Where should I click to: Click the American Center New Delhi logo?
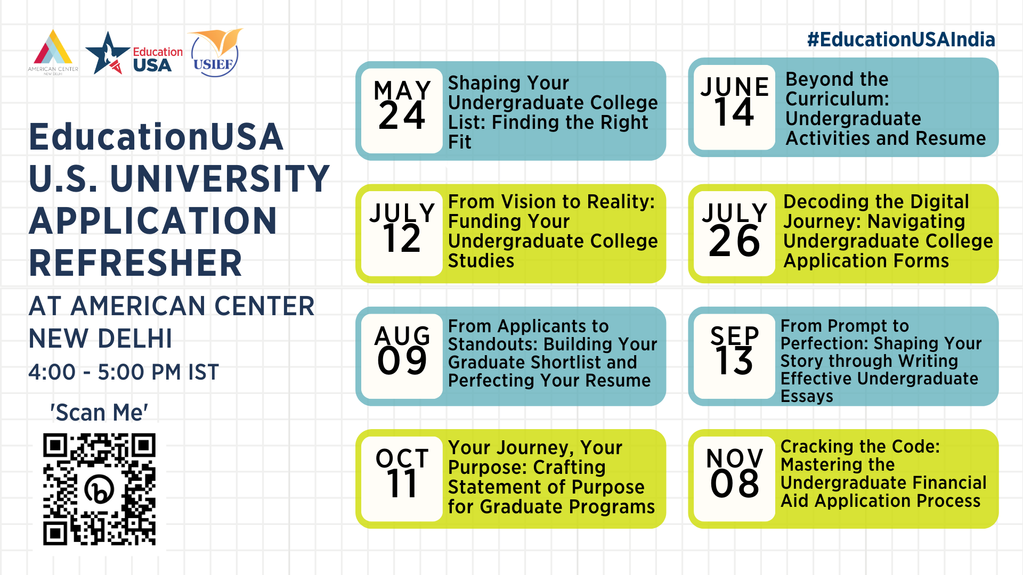[x=53, y=52]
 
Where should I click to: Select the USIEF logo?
[x=215, y=53]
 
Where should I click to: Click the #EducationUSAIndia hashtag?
[x=901, y=39]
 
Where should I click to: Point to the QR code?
[x=99, y=489]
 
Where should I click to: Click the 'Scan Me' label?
[x=99, y=413]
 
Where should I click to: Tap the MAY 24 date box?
[x=402, y=111]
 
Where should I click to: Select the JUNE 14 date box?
[x=734, y=107]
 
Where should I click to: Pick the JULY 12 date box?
[x=402, y=233]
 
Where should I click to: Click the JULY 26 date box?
[x=734, y=233]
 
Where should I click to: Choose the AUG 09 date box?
[x=402, y=356]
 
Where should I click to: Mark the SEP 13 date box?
[x=734, y=356]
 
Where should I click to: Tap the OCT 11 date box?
[x=402, y=479]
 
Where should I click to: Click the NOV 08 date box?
[x=734, y=479]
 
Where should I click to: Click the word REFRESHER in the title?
[x=136, y=263]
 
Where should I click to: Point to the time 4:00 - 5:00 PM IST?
[x=124, y=372]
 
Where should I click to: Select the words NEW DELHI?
[x=101, y=339]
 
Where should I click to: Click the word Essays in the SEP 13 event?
[x=807, y=397]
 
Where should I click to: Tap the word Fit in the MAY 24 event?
[x=459, y=142]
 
